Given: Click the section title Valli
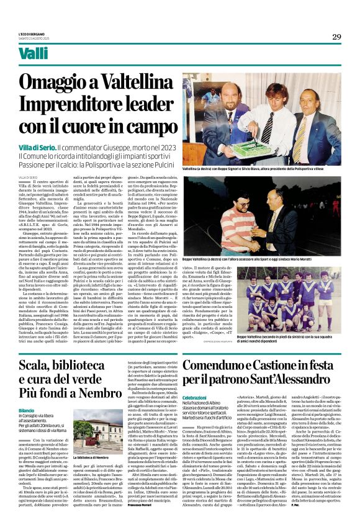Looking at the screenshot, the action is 34,55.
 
